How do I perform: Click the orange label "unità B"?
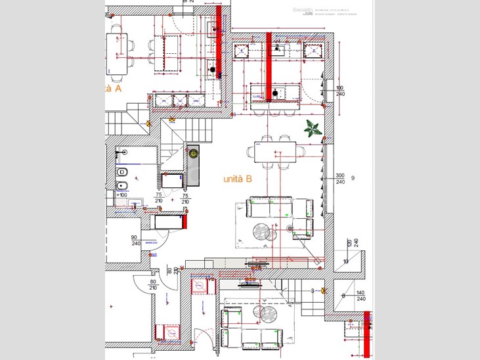(x=238, y=179)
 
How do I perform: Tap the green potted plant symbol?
(x=313, y=129)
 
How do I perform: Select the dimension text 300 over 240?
(x=340, y=179)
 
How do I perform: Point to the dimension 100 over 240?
(x=340, y=91)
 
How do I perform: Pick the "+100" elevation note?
(x=121, y=195)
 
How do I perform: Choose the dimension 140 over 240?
(x=360, y=296)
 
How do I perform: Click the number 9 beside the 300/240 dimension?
(x=353, y=178)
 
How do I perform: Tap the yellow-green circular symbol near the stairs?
(x=193, y=154)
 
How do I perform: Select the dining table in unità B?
(x=274, y=152)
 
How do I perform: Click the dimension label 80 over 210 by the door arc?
(x=152, y=284)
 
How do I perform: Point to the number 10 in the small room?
(x=346, y=261)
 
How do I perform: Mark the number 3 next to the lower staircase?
(x=312, y=290)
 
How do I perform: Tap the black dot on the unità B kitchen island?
(x=274, y=93)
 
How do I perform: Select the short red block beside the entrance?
(x=185, y=221)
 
